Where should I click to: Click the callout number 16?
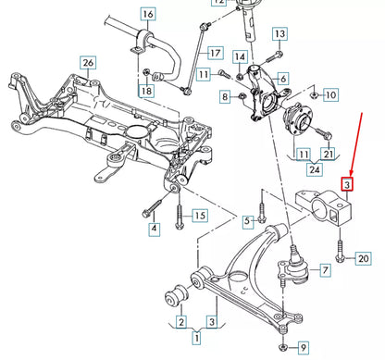[x=148, y=14]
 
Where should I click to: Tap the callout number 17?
[x=215, y=52]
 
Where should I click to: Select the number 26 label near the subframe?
[x=88, y=63]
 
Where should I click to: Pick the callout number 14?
[x=240, y=56]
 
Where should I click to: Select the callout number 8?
[x=225, y=96]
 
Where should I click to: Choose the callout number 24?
[x=315, y=169]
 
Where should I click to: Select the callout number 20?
[x=362, y=257]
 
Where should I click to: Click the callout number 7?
[x=324, y=271]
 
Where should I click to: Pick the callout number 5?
[x=247, y=220]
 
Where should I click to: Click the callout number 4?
[x=154, y=229]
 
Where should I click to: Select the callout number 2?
[x=181, y=321]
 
